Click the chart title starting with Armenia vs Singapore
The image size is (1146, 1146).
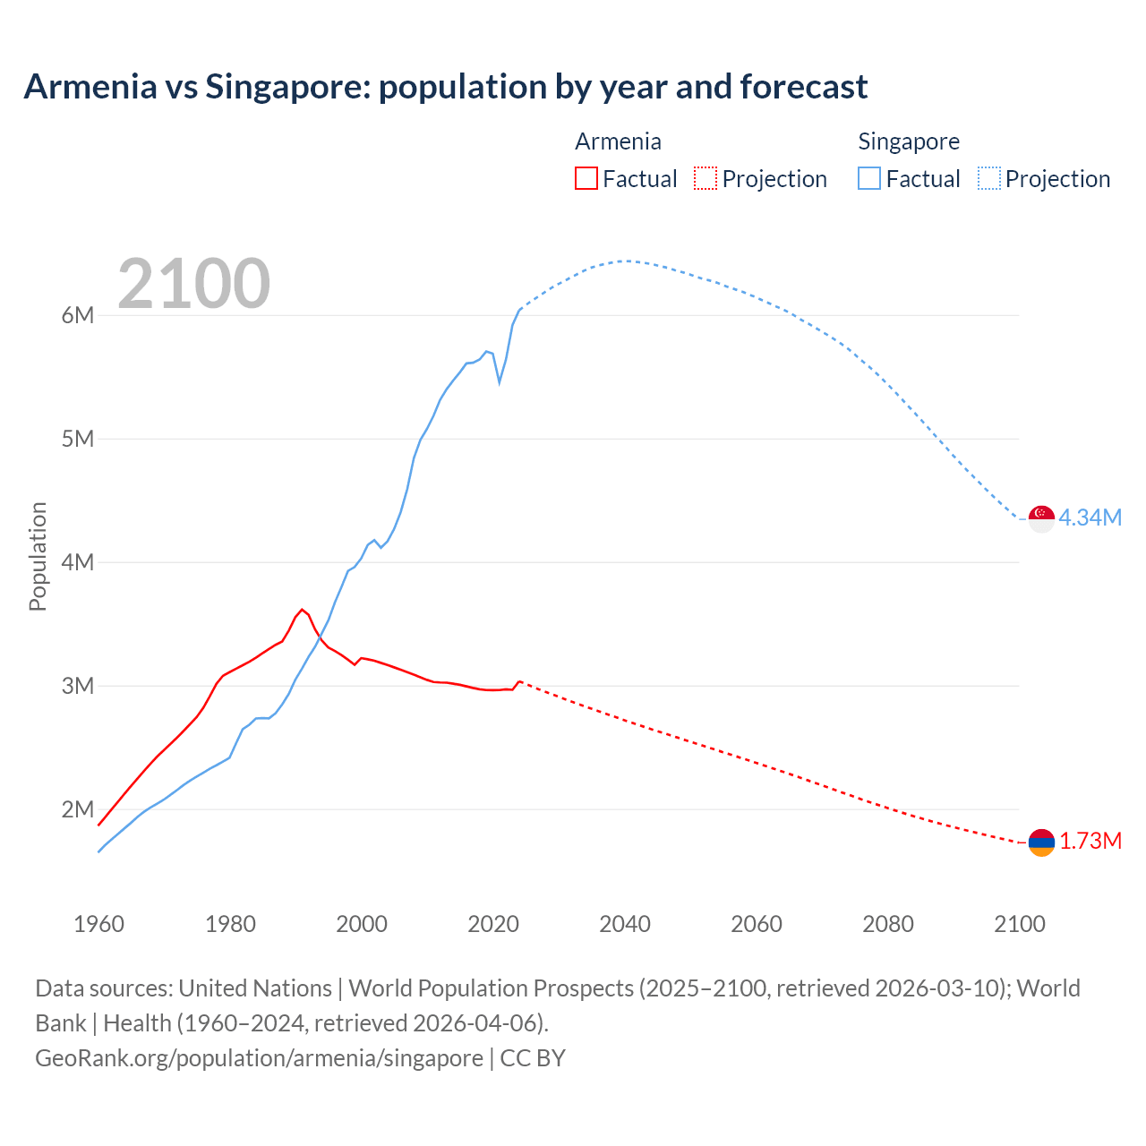pos(445,87)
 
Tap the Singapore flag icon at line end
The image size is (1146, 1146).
pos(1041,517)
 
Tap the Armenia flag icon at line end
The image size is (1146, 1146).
pos(1041,842)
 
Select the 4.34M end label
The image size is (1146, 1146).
pos(1090,517)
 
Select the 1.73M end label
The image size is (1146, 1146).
pos(1090,842)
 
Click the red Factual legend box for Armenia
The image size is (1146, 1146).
pos(586,178)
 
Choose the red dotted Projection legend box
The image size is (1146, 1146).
pos(706,178)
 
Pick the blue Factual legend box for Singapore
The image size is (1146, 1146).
pos(869,178)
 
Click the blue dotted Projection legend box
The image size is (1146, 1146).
pos(988,178)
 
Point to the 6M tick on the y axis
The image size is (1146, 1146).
pos(78,315)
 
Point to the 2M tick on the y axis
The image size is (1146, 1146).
pos(78,809)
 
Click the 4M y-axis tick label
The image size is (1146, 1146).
pos(78,562)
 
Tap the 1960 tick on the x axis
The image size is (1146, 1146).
pos(98,924)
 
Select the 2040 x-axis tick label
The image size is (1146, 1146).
pos(625,924)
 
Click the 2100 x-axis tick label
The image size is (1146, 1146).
pos(1019,924)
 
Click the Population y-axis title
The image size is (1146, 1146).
pos(38,556)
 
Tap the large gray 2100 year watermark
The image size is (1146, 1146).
pos(193,284)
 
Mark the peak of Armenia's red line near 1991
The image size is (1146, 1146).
pos(302,609)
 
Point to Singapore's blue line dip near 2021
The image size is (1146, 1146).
pos(500,382)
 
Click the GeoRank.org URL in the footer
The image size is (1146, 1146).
pos(259,1058)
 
